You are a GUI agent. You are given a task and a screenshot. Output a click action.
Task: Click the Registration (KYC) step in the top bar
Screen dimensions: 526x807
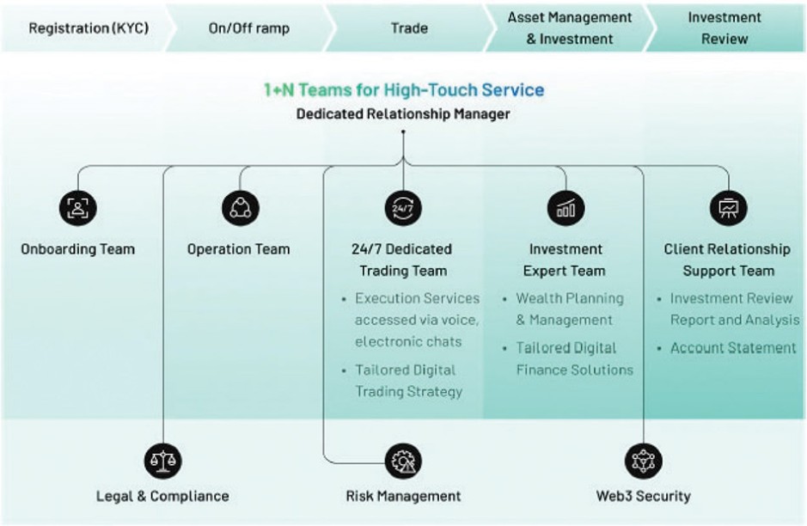point(89,28)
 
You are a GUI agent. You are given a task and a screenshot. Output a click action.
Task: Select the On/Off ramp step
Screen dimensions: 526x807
point(249,28)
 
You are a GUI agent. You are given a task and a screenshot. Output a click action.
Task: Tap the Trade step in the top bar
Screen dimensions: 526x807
point(409,28)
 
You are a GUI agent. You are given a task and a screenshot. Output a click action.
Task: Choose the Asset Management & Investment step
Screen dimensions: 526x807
point(569,28)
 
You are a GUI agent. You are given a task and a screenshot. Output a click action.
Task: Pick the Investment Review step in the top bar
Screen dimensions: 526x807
point(724,28)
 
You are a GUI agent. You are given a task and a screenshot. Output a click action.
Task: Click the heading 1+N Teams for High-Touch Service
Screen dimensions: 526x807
point(403,89)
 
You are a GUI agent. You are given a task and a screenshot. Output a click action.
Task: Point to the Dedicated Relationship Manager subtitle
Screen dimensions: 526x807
point(403,113)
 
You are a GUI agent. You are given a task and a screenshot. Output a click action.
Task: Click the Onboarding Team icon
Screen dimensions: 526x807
point(78,207)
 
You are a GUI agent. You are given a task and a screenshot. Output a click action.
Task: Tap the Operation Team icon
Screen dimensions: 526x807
point(240,207)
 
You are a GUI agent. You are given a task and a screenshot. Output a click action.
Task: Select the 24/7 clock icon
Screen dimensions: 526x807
point(403,207)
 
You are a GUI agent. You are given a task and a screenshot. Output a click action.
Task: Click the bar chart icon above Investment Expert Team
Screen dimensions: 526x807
point(566,207)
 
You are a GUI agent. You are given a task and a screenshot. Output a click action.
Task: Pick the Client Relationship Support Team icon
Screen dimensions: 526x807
point(728,207)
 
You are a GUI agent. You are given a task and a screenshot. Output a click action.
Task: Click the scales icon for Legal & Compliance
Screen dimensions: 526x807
point(162,460)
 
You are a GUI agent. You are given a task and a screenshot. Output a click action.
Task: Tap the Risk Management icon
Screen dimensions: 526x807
point(403,460)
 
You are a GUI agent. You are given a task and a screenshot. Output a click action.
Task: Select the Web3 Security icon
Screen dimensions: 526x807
point(643,460)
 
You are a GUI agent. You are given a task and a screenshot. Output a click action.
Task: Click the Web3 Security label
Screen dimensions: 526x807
point(643,496)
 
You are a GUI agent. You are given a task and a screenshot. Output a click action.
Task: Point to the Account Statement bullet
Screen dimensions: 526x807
point(732,348)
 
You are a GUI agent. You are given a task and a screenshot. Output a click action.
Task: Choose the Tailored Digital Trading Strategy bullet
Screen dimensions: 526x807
point(408,381)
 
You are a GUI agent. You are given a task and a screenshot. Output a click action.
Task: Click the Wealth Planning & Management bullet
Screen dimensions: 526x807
point(569,309)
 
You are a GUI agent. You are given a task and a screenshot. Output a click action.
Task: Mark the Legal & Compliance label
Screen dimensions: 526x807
point(162,496)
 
